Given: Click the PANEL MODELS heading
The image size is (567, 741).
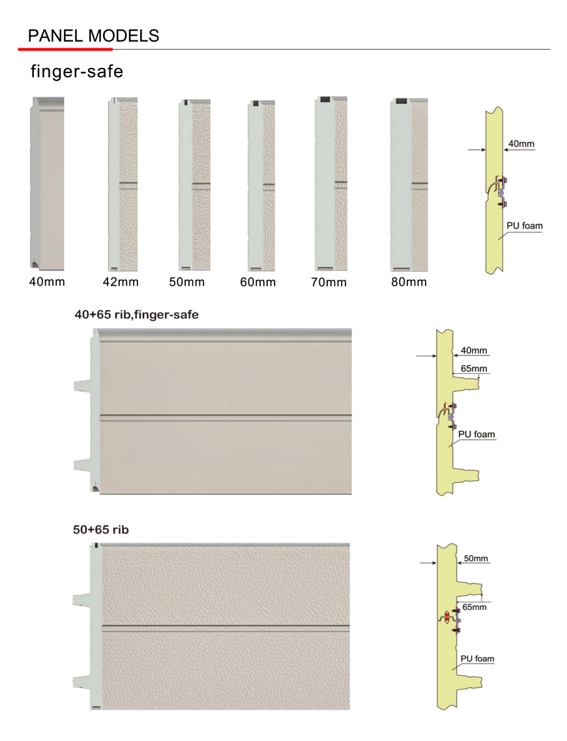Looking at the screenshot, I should [93, 35].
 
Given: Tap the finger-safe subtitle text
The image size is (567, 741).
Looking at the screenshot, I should [77, 72].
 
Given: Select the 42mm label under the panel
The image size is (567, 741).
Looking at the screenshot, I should [121, 282].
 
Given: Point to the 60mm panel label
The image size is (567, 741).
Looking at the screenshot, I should [257, 282].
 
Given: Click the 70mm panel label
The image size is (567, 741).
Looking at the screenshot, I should [328, 282].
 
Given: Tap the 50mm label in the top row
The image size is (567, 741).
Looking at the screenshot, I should [186, 282].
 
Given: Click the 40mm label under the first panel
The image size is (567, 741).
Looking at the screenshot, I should [47, 282].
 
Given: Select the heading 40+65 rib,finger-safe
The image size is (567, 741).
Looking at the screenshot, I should [136, 314].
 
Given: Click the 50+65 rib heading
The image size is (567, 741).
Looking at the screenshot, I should [101, 530].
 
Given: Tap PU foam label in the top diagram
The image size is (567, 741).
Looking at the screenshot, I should [525, 226].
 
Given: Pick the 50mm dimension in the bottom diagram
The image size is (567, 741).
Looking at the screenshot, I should [476, 559].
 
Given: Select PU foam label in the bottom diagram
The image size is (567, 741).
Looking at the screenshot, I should [478, 659].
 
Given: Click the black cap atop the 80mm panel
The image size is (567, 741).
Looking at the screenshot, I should [401, 102].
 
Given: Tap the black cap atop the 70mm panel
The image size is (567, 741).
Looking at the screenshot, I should [325, 100].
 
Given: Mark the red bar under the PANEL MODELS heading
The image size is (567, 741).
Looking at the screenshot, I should [65, 49].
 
